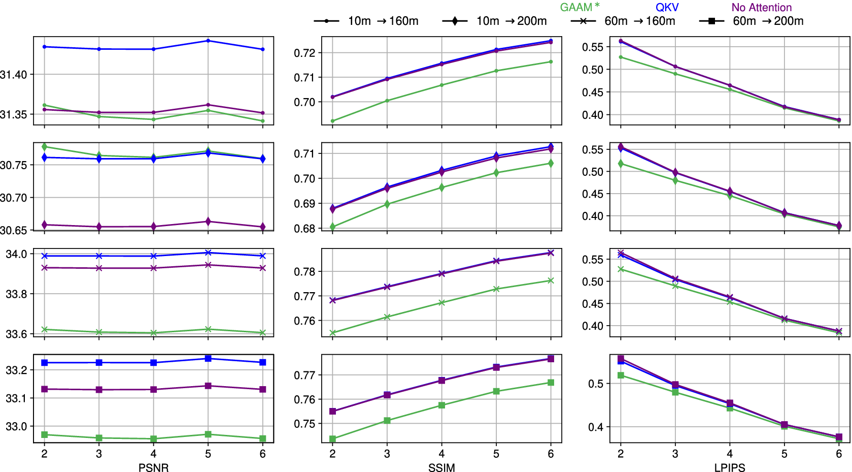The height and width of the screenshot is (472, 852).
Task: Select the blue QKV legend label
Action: [667, 7]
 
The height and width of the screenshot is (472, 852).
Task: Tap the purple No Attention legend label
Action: [762, 7]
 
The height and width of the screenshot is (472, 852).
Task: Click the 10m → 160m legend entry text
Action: [383, 21]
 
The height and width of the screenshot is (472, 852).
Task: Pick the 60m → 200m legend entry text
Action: [768, 21]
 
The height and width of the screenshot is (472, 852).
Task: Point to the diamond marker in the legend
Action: [455, 21]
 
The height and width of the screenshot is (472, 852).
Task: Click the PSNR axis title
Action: [153, 467]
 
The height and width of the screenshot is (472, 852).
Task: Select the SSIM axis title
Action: [441, 467]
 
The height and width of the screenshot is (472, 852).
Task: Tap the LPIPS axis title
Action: [730, 467]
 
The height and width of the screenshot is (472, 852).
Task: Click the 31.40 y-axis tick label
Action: [14, 75]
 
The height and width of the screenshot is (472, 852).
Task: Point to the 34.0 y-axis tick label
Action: [16, 254]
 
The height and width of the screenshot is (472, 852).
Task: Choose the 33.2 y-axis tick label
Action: [16, 370]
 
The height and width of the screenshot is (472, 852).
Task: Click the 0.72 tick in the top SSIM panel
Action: [304, 53]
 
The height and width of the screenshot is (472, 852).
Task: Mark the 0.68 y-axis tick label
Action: [304, 229]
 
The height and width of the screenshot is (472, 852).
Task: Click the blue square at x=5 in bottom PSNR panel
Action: [208, 359]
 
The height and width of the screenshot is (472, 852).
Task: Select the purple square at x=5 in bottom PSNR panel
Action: [208, 386]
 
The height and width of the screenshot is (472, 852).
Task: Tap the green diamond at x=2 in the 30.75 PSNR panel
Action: [45, 147]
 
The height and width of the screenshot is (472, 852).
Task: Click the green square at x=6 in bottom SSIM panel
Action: [551, 383]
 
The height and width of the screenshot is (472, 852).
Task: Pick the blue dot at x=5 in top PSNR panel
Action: [208, 41]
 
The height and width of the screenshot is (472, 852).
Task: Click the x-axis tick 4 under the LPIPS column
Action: [730, 454]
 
